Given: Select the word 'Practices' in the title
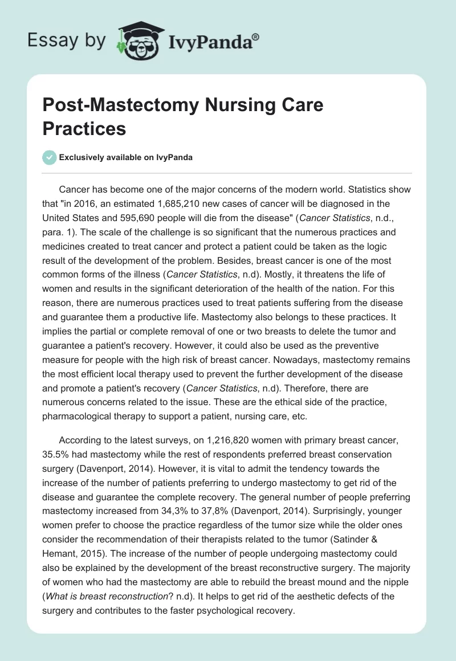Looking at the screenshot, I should pos(84,128).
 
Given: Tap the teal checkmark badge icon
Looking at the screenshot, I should pos(49,157).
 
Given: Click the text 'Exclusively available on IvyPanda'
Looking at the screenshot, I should pos(127,158).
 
